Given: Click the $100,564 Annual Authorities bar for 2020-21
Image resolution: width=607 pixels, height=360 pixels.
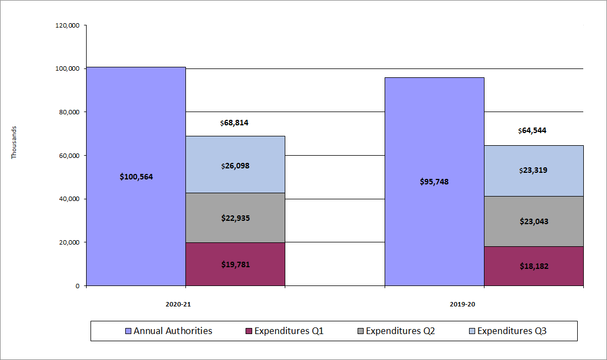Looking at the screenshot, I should (x=136, y=177).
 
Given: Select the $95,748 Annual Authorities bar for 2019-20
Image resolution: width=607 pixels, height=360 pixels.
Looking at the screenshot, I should (x=434, y=182).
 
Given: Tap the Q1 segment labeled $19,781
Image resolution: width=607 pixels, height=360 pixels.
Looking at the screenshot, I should (x=235, y=264).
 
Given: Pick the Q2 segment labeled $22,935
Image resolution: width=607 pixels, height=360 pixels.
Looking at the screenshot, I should (x=235, y=218).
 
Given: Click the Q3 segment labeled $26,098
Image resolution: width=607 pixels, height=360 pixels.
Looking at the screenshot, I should (x=235, y=165).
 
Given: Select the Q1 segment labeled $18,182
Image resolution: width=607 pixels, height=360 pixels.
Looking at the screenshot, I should (x=534, y=266).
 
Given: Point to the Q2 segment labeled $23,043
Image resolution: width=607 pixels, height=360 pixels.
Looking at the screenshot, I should (x=534, y=221).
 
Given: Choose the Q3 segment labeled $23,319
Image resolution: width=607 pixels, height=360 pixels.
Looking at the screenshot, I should (x=534, y=171).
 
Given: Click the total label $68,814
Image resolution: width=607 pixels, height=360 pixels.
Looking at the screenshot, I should (x=235, y=123).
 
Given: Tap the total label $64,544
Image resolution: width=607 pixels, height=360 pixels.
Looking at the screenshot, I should (x=533, y=131).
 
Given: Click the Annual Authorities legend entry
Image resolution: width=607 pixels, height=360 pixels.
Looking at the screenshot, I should (x=169, y=331).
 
